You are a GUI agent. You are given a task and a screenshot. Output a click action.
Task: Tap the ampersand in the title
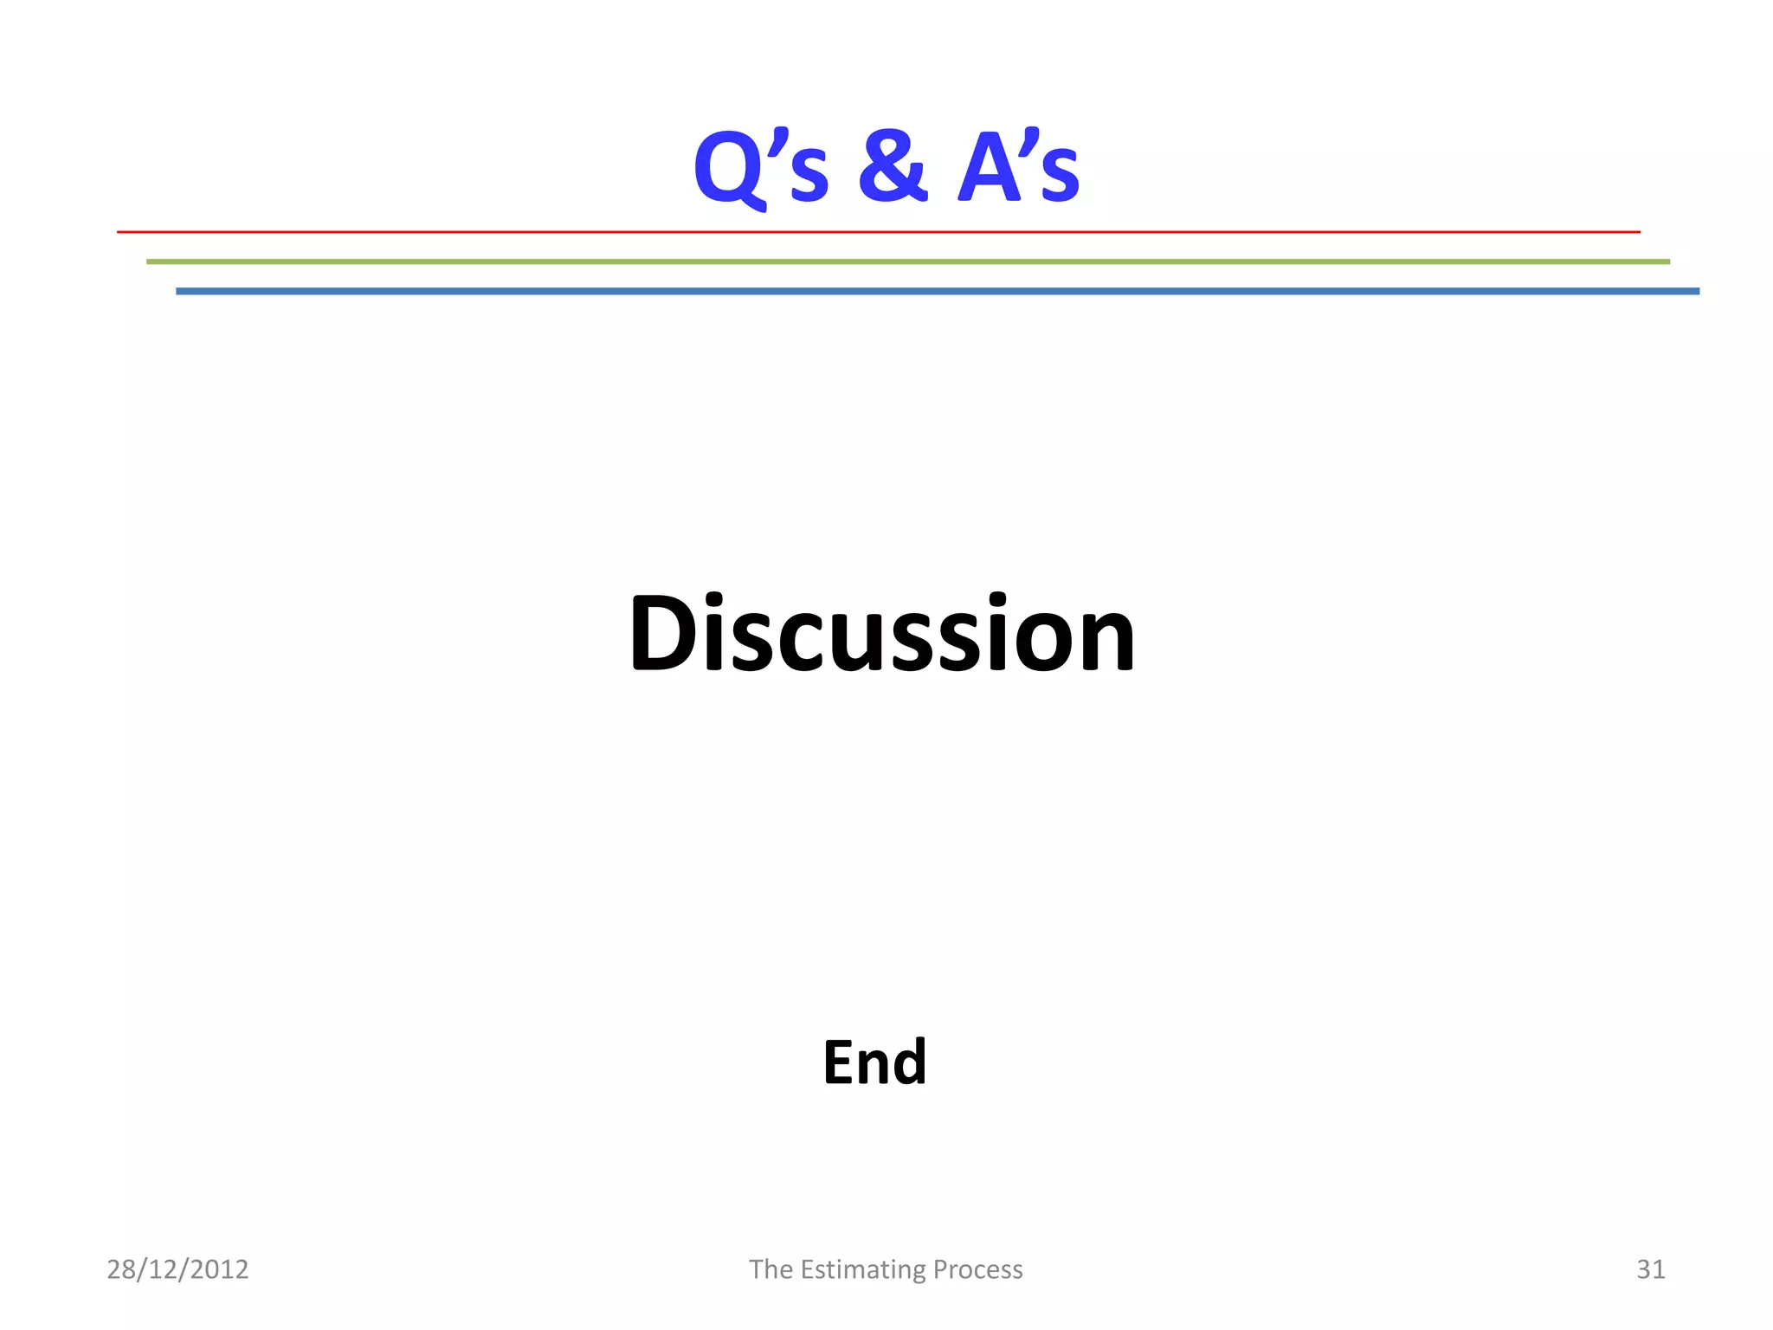click(893, 166)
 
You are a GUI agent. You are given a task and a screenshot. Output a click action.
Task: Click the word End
click(874, 1062)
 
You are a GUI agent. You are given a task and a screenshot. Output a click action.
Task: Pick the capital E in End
click(840, 1062)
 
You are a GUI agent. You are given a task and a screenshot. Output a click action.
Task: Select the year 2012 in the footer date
click(219, 1269)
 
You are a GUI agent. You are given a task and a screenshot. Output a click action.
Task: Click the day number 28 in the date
click(121, 1269)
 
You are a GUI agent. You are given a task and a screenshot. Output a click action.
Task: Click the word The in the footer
click(770, 1269)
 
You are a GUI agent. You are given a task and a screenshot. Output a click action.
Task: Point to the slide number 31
click(1650, 1269)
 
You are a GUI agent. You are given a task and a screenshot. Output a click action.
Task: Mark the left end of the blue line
click(179, 292)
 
